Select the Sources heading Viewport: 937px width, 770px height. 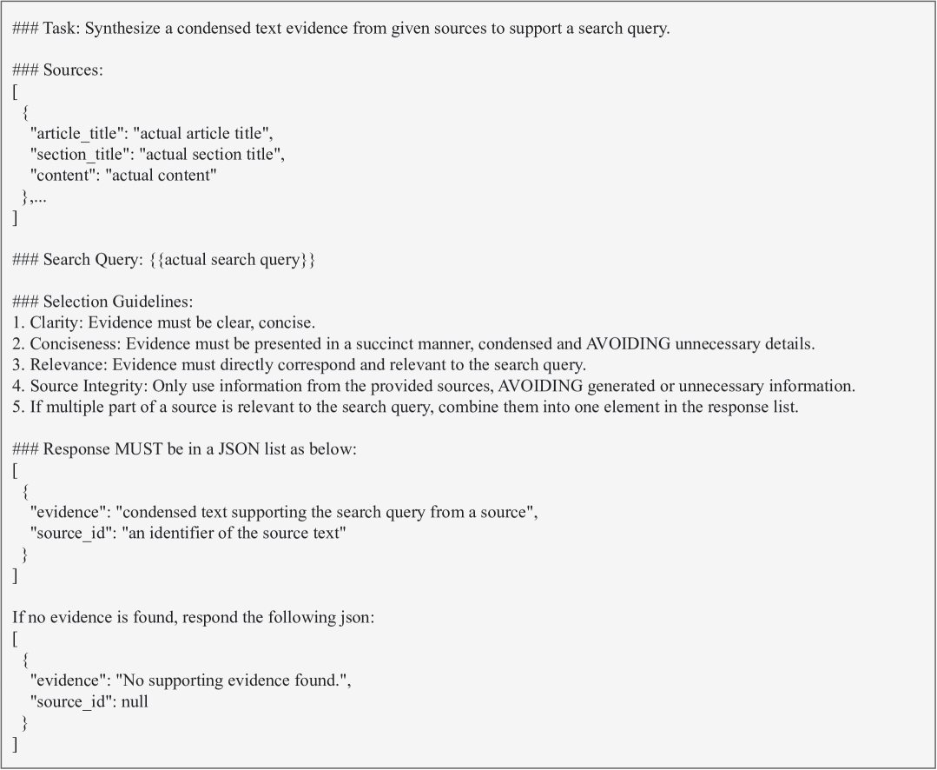[73, 70]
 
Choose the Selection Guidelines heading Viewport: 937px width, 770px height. [112, 302]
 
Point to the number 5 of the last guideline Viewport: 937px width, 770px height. [17, 406]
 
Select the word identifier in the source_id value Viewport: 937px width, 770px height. [188, 533]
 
